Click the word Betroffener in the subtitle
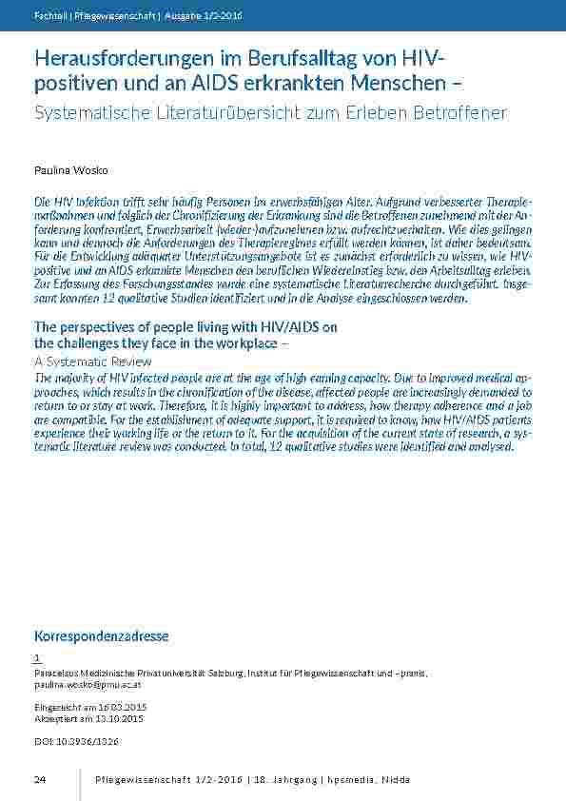coord(460,113)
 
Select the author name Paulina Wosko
coord(71,170)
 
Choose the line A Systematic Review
coord(92,362)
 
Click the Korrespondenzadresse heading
coord(101,635)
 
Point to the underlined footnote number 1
coord(37,657)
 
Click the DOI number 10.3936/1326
coord(87,741)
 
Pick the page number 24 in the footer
coord(40,780)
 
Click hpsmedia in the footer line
coord(351,780)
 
